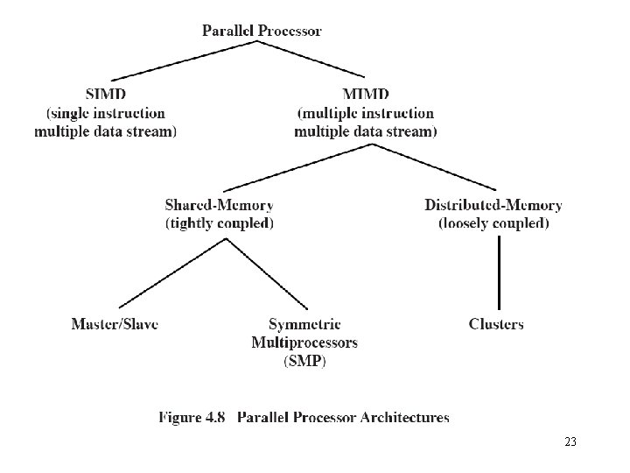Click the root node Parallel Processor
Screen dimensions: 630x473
tap(262, 31)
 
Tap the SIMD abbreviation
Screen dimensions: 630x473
tap(106, 94)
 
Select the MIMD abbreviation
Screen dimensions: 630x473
tap(366, 94)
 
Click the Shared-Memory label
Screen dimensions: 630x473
tap(220, 205)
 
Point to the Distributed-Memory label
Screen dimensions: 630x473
tap(493, 205)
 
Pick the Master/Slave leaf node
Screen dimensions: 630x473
tap(115, 324)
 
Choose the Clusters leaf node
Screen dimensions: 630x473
tap(496, 324)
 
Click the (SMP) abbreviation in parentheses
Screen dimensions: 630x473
tap(304, 361)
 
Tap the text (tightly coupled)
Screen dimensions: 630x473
tap(220, 223)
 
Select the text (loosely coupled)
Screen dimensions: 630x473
tap(493, 223)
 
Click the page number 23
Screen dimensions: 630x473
tap(570, 441)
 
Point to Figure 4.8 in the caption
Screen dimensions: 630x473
tap(192, 417)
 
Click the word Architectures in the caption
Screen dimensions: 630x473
tap(404, 417)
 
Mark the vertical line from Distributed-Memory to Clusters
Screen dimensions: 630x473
tap(499, 272)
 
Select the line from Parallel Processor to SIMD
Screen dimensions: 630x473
tap(184, 60)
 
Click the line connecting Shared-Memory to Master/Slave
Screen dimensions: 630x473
tap(172, 273)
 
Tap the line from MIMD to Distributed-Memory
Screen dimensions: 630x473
tap(433, 167)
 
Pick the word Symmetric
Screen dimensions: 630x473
tap(304, 324)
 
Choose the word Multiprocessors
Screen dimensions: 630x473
tap(304, 342)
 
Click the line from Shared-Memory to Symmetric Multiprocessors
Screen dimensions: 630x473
tap(267, 274)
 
